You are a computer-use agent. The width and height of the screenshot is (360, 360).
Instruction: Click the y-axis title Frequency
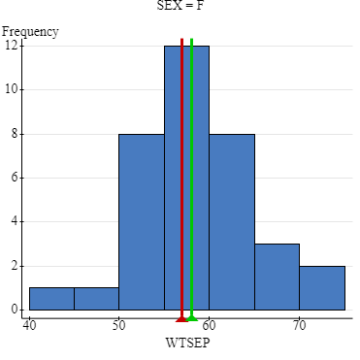30,31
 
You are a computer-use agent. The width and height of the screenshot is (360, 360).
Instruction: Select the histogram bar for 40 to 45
51,300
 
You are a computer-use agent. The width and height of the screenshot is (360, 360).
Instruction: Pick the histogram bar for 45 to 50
96,300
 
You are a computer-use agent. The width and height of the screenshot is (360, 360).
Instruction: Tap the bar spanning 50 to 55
141,223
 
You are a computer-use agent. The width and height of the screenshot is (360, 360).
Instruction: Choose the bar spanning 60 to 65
231,223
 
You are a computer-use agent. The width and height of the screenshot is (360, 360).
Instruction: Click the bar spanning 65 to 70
277,278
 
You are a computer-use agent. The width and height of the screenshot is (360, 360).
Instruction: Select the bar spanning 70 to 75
321,288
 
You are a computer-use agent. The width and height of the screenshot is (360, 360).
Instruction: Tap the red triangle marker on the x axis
181,317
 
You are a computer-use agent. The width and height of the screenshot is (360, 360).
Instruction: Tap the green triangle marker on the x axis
192,317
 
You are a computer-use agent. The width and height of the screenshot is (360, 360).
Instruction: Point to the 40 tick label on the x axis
29,326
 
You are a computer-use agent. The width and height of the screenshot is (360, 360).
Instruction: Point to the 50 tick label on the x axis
118,326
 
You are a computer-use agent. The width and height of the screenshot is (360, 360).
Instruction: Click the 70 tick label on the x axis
299,326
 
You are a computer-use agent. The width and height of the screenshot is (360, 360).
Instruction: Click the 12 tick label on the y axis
11,45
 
